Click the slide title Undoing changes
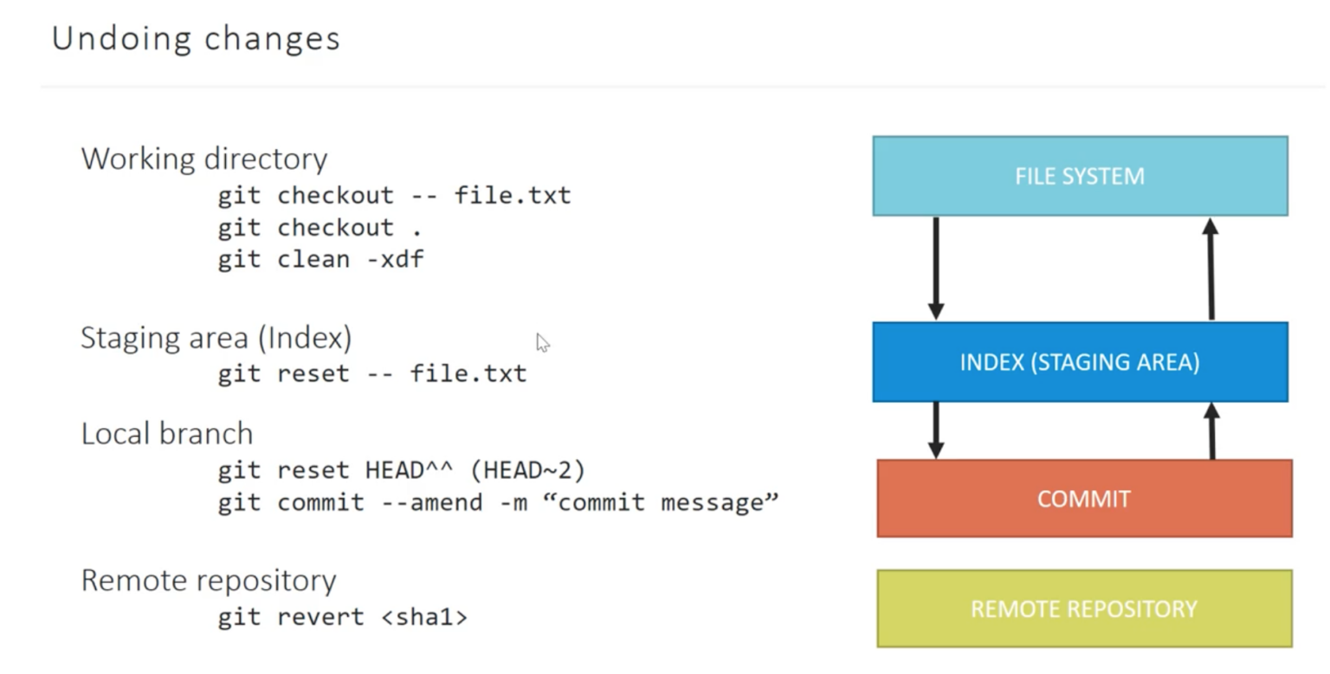(196, 39)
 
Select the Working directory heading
(204, 159)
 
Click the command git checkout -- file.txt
(394, 195)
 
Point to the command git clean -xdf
(320, 259)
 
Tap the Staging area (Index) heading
(216, 338)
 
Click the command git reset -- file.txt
(372, 373)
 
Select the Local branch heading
(167, 433)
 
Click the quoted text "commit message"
(660, 502)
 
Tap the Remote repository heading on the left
(209, 580)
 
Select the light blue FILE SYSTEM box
(1080, 176)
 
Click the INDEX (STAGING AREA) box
(1080, 362)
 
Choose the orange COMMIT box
(1084, 499)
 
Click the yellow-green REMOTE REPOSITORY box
(1084, 608)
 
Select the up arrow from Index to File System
(1211, 269)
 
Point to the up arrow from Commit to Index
(1211, 431)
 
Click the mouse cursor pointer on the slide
(542, 343)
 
